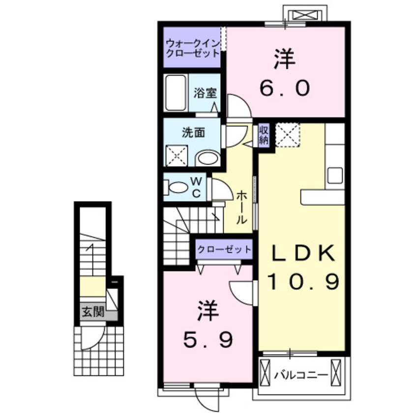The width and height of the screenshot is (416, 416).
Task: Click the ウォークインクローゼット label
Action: point(192,48)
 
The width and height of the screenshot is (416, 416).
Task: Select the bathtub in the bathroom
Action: point(175,92)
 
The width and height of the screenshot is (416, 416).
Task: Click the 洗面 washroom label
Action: point(193,132)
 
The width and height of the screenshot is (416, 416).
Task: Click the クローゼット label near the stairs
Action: point(224,250)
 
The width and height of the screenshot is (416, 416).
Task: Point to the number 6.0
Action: point(285,89)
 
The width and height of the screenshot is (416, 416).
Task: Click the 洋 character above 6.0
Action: point(284,59)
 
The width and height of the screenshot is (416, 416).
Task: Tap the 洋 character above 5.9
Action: point(208,310)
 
